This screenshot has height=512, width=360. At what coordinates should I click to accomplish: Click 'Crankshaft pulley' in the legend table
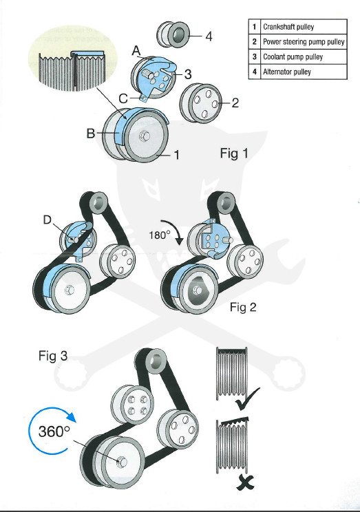pyautogui.click(x=288, y=27)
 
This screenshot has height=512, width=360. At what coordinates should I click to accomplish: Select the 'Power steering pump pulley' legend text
pyautogui.click(x=304, y=42)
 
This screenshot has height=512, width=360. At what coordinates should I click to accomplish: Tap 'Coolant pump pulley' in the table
pyautogui.click(x=293, y=57)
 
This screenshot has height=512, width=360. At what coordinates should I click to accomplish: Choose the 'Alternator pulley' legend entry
pyautogui.click(x=287, y=72)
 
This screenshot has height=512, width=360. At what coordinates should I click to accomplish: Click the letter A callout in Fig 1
pyautogui.click(x=136, y=51)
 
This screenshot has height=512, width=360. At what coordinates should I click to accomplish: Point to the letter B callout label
pyautogui.click(x=91, y=134)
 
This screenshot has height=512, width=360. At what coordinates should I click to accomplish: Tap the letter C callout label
pyautogui.click(x=123, y=98)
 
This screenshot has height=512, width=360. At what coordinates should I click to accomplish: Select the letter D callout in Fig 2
pyautogui.click(x=47, y=220)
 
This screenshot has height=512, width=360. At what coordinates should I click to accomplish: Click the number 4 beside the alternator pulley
pyautogui.click(x=209, y=36)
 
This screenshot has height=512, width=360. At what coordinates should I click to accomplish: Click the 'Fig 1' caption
pyautogui.click(x=234, y=153)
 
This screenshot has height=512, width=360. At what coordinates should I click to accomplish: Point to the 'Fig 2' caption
pyautogui.click(x=244, y=307)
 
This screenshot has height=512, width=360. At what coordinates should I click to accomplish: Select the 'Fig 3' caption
pyautogui.click(x=53, y=356)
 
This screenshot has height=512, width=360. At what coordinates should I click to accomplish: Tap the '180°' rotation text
pyautogui.click(x=160, y=235)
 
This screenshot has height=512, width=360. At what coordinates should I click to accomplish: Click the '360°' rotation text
pyautogui.click(x=54, y=431)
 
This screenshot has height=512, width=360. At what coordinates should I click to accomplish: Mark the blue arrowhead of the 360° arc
pyautogui.click(x=71, y=417)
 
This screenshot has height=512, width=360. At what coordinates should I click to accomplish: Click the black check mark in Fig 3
pyautogui.click(x=247, y=399)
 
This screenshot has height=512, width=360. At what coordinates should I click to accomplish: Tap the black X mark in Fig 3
pyautogui.click(x=245, y=482)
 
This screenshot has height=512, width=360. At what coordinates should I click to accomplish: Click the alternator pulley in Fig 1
pyautogui.click(x=173, y=34)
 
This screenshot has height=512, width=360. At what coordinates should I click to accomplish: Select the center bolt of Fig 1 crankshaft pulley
pyautogui.click(x=145, y=136)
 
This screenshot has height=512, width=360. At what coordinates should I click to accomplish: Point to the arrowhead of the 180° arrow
pyautogui.click(x=180, y=241)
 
